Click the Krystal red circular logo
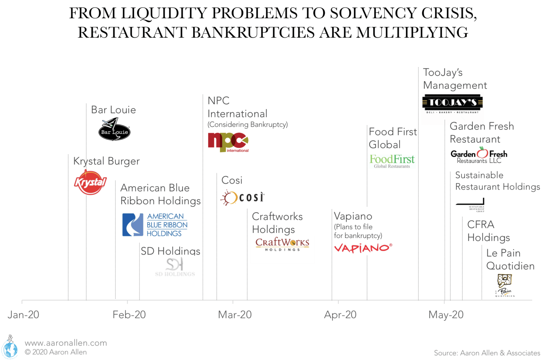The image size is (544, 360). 90,182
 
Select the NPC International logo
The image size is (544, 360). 228,142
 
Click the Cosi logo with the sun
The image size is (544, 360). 243,197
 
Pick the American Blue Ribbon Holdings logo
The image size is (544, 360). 155,224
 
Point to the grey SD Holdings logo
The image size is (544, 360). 175,267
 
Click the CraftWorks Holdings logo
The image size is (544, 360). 282,244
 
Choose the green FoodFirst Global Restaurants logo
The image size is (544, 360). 392,161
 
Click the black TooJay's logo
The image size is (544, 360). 452,103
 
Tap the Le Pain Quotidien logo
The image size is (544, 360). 505,285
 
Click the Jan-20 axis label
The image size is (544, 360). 23,315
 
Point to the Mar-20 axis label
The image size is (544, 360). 235,315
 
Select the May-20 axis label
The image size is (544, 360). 446,315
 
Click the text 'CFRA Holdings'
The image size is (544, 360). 488,231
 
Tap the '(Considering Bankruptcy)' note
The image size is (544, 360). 248,125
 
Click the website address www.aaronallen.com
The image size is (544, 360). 66,343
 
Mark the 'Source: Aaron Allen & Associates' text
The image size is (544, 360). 487,353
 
